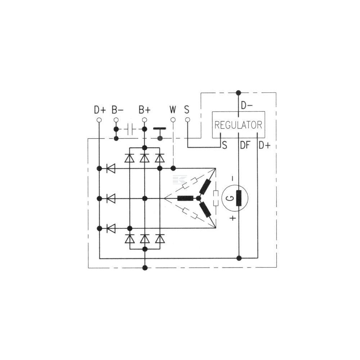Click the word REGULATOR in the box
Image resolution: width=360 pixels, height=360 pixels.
tap(238, 125)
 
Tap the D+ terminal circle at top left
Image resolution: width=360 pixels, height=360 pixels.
tap(99, 120)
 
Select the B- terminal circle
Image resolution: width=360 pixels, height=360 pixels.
tap(116, 120)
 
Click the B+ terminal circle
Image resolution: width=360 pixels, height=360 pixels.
tap(144, 120)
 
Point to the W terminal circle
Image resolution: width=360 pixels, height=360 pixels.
tap(174, 120)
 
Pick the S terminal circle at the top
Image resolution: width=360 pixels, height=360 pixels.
tap(188, 120)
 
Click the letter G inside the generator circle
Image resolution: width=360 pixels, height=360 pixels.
tap(231, 198)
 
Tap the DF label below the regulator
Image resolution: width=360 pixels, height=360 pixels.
tap(245, 145)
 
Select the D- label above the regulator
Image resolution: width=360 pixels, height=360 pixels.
tap(247, 105)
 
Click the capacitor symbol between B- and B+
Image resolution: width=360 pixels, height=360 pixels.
tap(130, 129)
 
